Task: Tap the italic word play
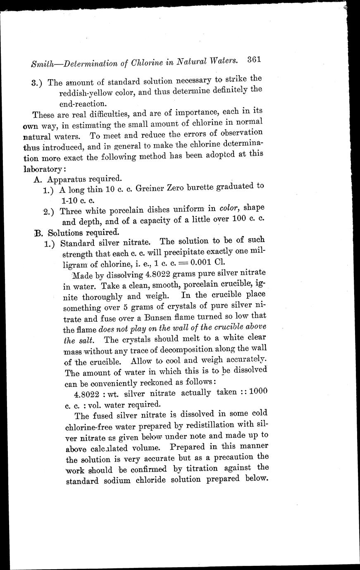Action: click(x=148, y=329)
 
